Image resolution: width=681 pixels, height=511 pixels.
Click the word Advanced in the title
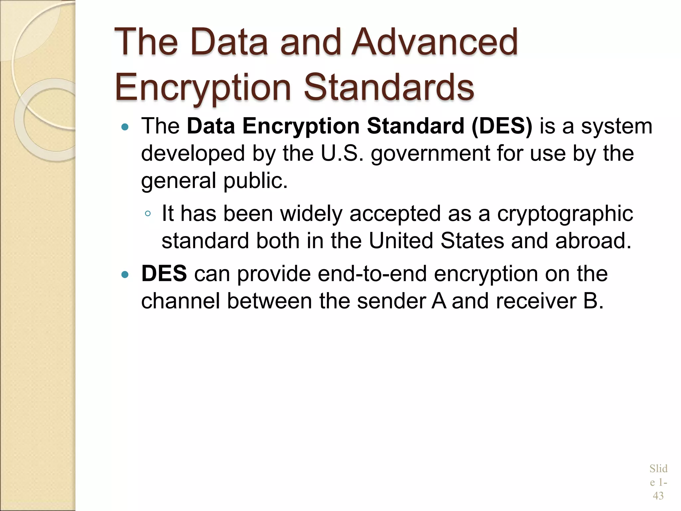pos(434,42)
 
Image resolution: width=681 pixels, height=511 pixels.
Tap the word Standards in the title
pos(389,87)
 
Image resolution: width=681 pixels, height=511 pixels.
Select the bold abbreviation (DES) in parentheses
pos(501,126)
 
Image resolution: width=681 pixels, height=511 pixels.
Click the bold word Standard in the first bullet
pos(415,126)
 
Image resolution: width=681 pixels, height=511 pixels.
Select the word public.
pos(255,181)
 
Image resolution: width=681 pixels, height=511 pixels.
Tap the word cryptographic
pos(565,214)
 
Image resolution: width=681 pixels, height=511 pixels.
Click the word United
pos(401,241)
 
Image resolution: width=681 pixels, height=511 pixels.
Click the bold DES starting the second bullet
pos(164,274)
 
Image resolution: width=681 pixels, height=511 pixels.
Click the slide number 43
pos(658,496)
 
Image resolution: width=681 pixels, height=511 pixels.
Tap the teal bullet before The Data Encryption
pos(125,127)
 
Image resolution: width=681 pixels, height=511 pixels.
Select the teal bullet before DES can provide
pos(125,274)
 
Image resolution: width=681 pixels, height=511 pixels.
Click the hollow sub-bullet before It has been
pos(148,214)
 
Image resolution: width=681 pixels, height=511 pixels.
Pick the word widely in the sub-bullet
pos(311,214)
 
